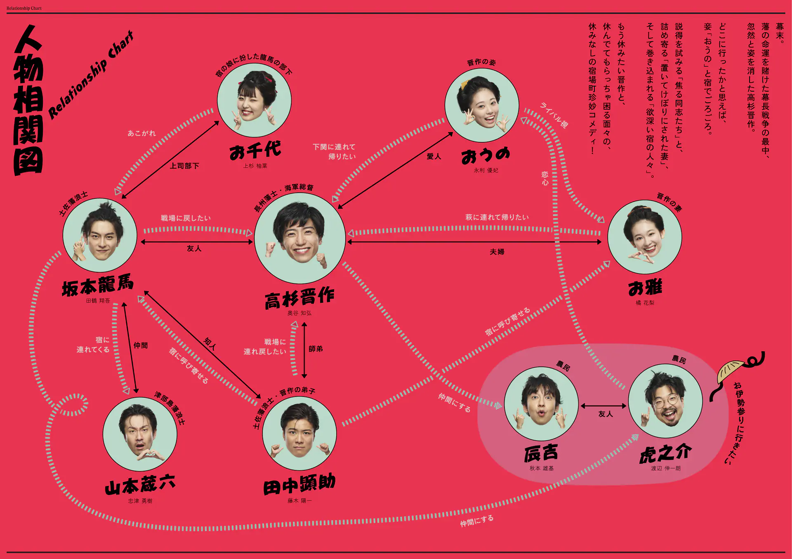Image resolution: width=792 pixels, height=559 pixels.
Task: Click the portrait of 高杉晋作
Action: (x=300, y=238)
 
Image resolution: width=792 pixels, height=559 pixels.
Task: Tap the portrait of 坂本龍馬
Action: (x=100, y=235)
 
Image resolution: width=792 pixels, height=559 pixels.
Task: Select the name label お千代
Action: (x=255, y=151)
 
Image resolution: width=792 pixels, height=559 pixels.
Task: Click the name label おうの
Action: (x=486, y=156)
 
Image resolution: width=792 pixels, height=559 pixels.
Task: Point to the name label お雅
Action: (x=645, y=287)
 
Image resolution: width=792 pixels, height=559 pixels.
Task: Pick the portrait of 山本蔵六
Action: (x=140, y=434)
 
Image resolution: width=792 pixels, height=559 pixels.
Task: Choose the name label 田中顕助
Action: (x=299, y=484)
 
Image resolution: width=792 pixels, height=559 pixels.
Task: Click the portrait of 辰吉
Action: (x=541, y=403)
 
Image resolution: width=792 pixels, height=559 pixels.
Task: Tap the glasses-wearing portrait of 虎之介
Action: (x=665, y=401)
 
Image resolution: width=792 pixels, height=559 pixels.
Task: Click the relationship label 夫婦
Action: (x=497, y=252)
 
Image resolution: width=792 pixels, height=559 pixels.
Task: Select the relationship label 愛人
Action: (x=434, y=156)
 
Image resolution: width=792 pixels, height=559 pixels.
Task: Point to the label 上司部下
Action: (x=184, y=166)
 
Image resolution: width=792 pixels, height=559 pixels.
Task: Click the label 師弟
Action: (x=316, y=349)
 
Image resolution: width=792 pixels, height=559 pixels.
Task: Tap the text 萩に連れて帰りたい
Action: (x=497, y=217)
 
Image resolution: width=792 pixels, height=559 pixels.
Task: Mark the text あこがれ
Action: (x=141, y=133)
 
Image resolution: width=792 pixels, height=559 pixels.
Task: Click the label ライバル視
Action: (x=554, y=115)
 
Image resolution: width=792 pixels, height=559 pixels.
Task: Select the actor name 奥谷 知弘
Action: (x=299, y=313)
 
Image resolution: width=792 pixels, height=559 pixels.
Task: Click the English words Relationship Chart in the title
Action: (x=91, y=75)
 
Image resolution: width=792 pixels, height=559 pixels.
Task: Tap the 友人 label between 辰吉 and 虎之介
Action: (x=606, y=414)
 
